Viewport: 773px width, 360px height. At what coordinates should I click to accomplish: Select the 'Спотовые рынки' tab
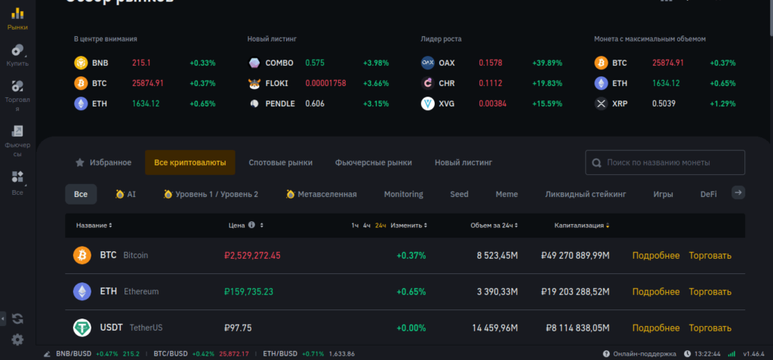pyautogui.click(x=280, y=162)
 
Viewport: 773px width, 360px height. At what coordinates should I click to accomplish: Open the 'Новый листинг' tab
pyautogui.click(x=463, y=162)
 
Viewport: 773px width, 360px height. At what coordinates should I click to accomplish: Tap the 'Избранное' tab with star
pyautogui.click(x=103, y=162)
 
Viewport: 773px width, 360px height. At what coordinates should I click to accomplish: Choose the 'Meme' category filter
pyautogui.click(x=507, y=194)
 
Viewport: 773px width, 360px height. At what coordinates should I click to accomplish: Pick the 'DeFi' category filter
pyautogui.click(x=708, y=194)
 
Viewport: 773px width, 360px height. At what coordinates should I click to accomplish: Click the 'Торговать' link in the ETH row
pyautogui.click(x=710, y=291)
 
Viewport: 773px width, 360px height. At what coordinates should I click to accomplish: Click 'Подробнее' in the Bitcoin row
pyautogui.click(x=655, y=255)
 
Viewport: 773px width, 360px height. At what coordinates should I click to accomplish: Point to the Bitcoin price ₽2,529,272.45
pyautogui.click(x=252, y=255)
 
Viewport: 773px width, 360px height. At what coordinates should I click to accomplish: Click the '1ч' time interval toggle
pyautogui.click(x=355, y=225)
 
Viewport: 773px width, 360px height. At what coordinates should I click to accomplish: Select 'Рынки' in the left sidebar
pyautogui.click(x=17, y=19)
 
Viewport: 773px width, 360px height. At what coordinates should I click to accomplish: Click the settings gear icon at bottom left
pyautogui.click(x=17, y=340)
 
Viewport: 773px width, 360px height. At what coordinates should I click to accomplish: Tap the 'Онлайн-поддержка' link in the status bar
pyautogui.click(x=639, y=354)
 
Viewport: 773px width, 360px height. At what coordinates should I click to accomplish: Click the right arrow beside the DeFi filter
pyautogui.click(x=739, y=193)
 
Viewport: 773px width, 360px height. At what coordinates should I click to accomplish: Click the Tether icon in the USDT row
pyautogui.click(x=82, y=328)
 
